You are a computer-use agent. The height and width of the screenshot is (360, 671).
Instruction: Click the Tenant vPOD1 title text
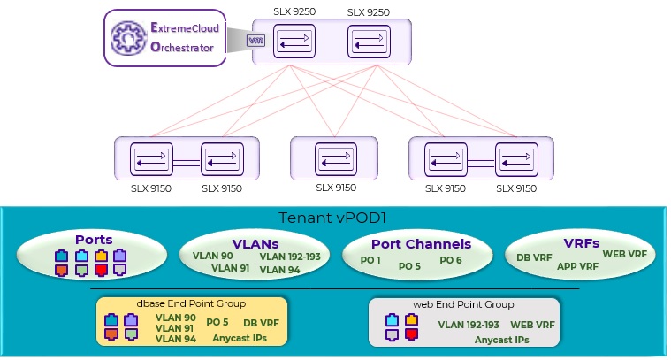pos(333,218)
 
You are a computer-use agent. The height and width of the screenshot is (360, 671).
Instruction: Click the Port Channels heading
pos(421,244)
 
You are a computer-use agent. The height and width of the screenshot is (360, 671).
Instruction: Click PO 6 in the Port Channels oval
pos(451,260)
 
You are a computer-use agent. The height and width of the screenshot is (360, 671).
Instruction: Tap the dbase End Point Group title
pos(194,304)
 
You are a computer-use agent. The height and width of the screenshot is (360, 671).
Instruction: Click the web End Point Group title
pos(463,304)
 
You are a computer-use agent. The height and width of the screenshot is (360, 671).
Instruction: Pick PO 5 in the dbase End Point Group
pos(217,323)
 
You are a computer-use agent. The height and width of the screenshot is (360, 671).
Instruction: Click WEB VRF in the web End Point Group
pos(532,325)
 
